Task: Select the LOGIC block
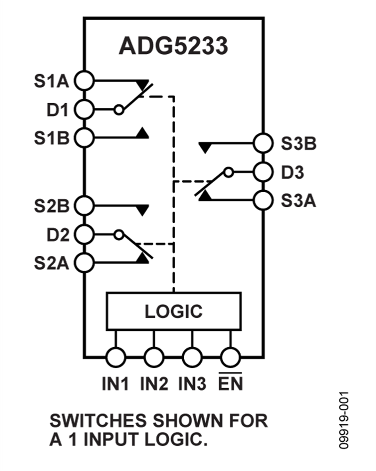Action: click(173, 311)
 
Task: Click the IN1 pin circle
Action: click(116, 358)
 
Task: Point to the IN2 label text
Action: click(154, 383)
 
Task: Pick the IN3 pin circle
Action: click(192, 358)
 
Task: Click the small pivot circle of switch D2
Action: click(119, 235)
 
